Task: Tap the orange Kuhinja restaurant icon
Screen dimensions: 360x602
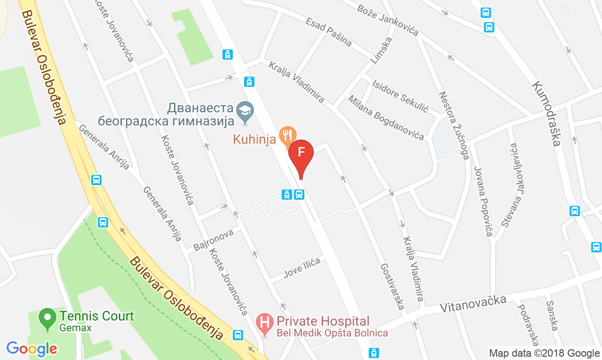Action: (x=287, y=135)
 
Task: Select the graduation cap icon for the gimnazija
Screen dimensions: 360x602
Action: (x=245, y=110)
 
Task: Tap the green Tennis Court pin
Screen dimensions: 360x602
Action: (x=47, y=318)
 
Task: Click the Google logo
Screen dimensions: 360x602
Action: (x=32, y=349)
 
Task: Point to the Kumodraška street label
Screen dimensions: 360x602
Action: (x=547, y=113)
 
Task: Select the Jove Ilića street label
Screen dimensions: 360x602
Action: (x=302, y=268)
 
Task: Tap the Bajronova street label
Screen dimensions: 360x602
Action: (x=214, y=240)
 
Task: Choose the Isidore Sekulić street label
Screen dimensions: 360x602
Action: (x=400, y=96)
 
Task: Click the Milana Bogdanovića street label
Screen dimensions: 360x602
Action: (x=386, y=117)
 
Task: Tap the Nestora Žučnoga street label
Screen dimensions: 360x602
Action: (x=454, y=125)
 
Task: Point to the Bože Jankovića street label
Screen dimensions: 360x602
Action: (x=388, y=20)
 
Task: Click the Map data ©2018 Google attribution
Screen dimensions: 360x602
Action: (x=544, y=353)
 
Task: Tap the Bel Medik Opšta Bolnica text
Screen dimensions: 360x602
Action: (x=332, y=333)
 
